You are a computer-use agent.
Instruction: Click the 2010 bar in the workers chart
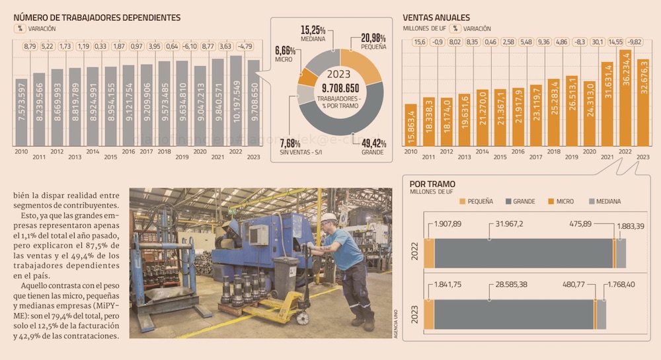click(x=22, y=112)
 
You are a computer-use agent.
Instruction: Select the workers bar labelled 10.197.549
click(x=236, y=100)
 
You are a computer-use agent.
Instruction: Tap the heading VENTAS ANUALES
click(x=436, y=18)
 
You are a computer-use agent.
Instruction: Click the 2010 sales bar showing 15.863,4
click(x=411, y=124)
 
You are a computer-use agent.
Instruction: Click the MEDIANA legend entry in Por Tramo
click(x=604, y=201)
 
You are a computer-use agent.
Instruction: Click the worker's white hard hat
click(x=329, y=217)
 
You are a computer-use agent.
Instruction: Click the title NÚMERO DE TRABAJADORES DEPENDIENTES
click(x=97, y=18)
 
